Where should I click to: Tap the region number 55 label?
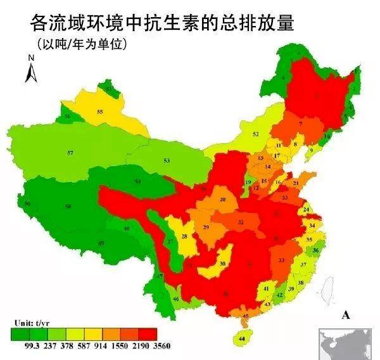pyautogui.click(x=100, y=112)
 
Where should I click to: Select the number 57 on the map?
pyautogui.click(x=70, y=153)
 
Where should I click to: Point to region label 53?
pyautogui.click(x=167, y=161)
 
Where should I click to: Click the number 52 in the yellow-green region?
pyautogui.click(x=256, y=134)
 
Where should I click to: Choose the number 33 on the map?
pyautogui.click(x=282, y=260)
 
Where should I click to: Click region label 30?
pyautogui.click(x=222, y=264)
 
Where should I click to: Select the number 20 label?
pyautogui.click(x=222, y=200)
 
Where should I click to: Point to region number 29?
pyautogui.click(x=206, y=227)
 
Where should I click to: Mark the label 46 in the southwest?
pyautogui.click(x=175, y=299)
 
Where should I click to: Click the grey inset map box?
pyautogui.click(x=348, y=343)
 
